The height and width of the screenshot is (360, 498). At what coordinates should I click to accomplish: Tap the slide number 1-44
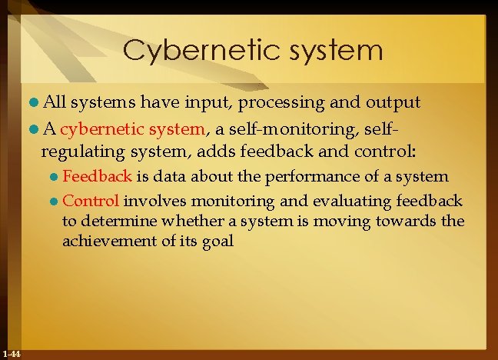click(x=12, y=354)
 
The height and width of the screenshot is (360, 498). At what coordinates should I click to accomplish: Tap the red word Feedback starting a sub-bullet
click(x=97, y=175)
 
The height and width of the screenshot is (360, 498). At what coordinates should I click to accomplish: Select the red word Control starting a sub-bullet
click(x=90, y=202)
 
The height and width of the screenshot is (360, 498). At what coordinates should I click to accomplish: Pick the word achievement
click(x=108, y=241)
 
